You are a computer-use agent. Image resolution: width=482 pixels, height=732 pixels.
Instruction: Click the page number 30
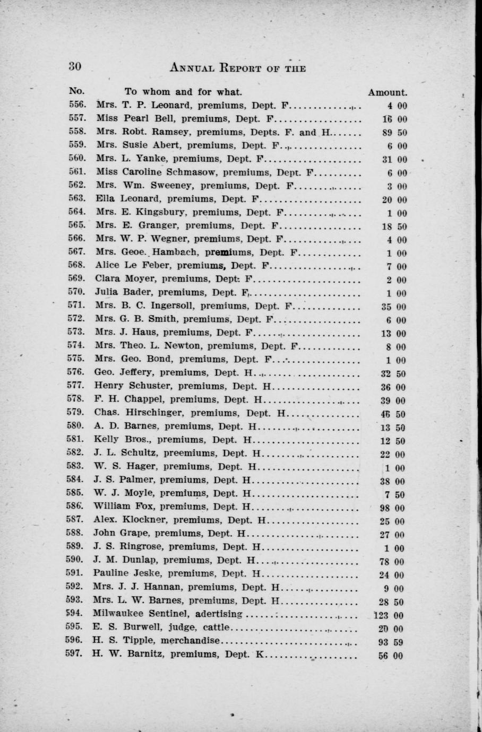click(x=74, y=66)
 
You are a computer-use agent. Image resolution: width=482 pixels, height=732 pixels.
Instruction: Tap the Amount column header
click(x=388, y=92)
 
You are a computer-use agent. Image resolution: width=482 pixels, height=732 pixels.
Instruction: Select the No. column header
click(x=76, y=91)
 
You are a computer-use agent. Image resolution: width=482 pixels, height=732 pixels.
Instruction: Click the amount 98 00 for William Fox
click(x=393, y=508)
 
